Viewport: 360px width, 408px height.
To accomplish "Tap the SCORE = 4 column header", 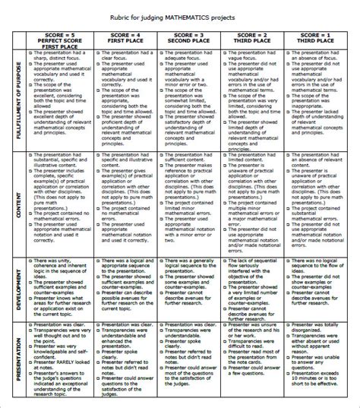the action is [125, 38].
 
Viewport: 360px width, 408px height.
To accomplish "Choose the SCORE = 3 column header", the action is [189, 38].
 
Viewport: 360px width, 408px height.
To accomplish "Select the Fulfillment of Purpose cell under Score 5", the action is [59, 99].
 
